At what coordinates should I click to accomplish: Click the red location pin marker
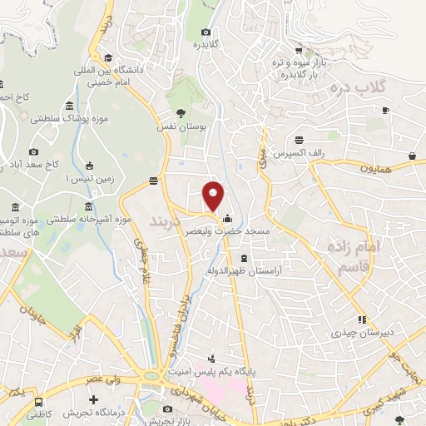coord(214,196)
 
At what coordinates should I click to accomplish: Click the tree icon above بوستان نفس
coord(181,112)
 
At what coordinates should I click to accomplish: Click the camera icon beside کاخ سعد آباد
coord(33,152)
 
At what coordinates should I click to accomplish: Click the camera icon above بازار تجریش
coord(167,409)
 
